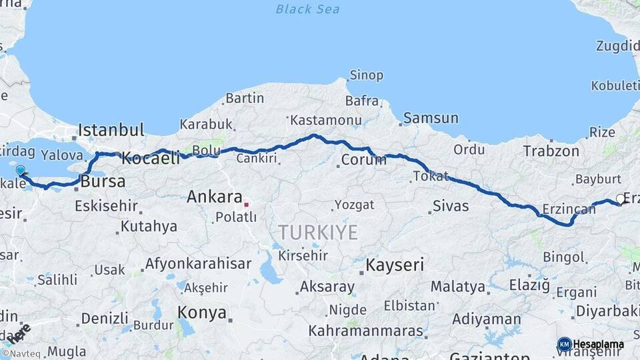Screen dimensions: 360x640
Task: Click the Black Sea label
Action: [x=307, y=9]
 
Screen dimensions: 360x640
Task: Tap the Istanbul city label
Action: [x=111, y=130]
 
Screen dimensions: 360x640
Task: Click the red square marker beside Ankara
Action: [x=247, y=204]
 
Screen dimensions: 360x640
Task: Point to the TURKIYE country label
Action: [x=318, y=233]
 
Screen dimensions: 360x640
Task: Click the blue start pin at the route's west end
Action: [x=21, y=171]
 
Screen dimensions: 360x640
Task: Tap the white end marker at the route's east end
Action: [x=621, y=199]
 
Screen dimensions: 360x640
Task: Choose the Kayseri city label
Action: [x=394, y=265]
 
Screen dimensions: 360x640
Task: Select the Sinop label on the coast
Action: [x=367, y=75]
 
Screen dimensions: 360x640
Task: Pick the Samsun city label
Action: [x=431, y=119]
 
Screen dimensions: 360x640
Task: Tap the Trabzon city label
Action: [x=551, y=151]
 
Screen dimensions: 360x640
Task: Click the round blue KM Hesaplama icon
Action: [x=564, y=344]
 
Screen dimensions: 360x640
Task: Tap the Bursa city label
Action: [x=103, y=181]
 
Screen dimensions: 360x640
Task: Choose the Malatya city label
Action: [x=457, y=287]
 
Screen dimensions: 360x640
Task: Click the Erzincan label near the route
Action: [x=569, y=209]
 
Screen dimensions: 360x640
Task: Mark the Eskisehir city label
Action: [x=106, y=206]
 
